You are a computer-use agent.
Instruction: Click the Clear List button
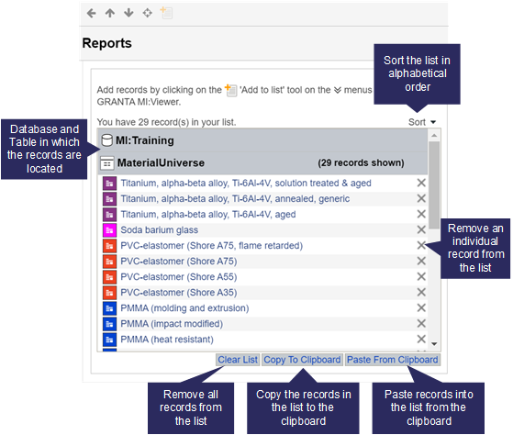point(238,360)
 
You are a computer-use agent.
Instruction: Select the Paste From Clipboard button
point(392,360)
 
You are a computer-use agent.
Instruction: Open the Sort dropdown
point(422,122)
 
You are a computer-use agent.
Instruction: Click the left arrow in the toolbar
point(91,13)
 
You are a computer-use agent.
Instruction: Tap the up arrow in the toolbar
point(110,13)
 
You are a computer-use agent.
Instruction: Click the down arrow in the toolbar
point(128,13)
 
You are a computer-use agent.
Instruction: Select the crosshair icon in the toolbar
point(147,13)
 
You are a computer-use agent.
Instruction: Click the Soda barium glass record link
point(160,230)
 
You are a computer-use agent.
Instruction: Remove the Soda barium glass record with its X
point(421,229)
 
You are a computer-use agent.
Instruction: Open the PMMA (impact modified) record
point(172,324)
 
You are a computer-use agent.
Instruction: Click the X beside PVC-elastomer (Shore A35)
point(421,292)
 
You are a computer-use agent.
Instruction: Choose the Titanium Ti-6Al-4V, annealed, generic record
point(235,199)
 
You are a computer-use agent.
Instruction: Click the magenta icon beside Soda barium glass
point(109,230)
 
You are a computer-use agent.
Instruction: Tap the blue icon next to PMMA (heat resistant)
point(109,340)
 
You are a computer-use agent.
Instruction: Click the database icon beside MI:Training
point(107,140)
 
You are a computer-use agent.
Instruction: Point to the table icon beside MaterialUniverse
point(107,162)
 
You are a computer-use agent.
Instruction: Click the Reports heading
point(107,43)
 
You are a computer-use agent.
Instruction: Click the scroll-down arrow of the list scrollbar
point(434,344)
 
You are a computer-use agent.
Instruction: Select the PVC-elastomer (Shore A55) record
point(179,277)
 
